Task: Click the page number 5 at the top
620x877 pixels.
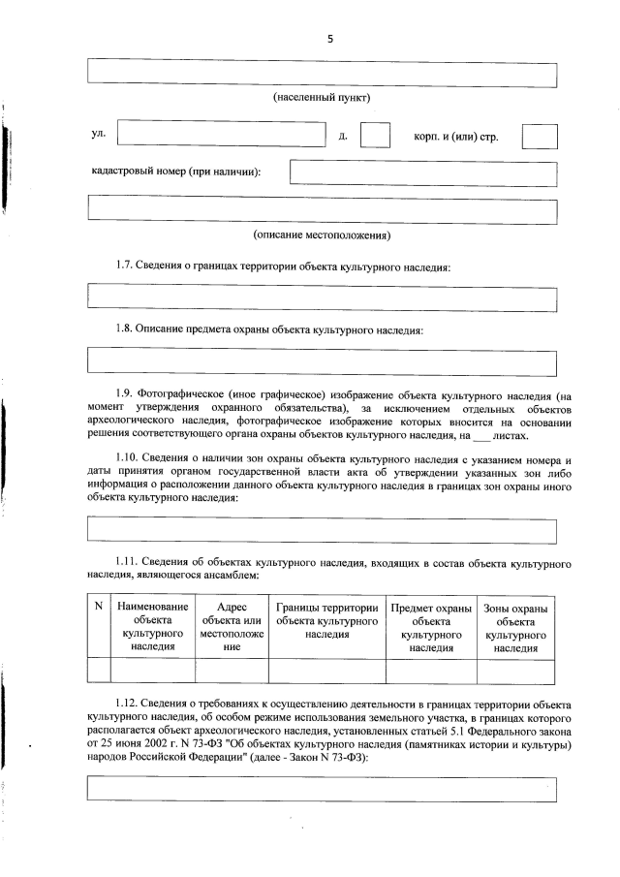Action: [329, 39]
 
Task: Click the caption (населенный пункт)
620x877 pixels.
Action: [322, 99]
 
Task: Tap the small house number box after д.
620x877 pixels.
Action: [374, 136]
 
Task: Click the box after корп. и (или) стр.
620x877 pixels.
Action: [539, 136]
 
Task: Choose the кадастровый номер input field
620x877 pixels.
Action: [423, 172]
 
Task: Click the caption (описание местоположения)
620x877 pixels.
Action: [322, 235]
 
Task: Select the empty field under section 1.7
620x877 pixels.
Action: [322, 298]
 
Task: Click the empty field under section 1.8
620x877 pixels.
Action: [322, 361]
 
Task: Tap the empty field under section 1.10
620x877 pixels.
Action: [322, 530]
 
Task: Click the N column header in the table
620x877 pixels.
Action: [98, 608]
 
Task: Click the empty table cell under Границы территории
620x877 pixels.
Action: [326, 671]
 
